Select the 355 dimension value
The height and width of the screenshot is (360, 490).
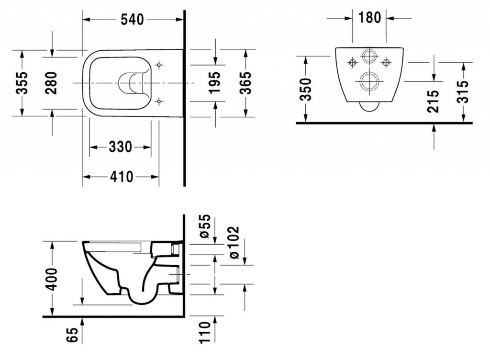pos(22,83)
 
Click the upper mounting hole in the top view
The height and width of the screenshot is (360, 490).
pos(159,65)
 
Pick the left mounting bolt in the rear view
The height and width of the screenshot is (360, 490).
pos(353,62)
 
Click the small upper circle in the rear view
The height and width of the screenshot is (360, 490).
pos(369,57)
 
